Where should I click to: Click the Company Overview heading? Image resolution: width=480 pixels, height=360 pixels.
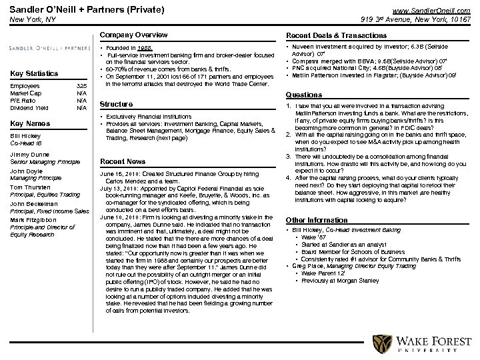click(x=133, y=35)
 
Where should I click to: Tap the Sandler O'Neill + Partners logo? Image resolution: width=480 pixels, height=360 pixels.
click(x=49, y=48)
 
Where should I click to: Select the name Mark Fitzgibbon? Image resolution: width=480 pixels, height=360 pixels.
click(x=33, y=219)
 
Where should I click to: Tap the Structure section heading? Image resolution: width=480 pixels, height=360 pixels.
click(x=116, y=104)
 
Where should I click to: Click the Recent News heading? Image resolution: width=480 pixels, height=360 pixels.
click(x=123, y=161)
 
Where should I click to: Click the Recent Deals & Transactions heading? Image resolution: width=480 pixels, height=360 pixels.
click(x=336, y=35)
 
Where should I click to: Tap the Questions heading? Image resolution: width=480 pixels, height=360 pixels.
click(x=304, y=95)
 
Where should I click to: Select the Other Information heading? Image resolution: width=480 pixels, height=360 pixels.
click(x=317, y=220)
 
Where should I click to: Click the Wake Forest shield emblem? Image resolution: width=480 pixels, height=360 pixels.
click(x=381, y=344)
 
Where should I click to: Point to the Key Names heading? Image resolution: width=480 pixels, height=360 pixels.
click(x=30, y=123)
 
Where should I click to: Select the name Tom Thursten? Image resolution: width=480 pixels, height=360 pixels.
click(x=30, y=187)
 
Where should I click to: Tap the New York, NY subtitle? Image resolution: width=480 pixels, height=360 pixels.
click(x=30, y=20)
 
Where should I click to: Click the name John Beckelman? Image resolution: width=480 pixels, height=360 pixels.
click(x=33, y=203)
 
